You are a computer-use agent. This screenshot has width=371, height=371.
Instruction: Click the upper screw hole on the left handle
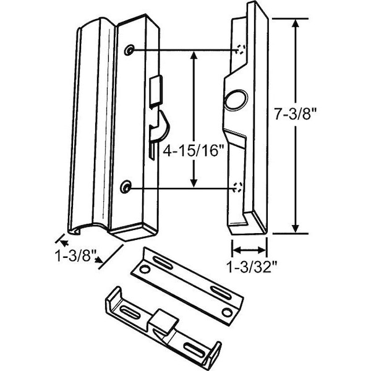pyautogui.click(x=129, y=50)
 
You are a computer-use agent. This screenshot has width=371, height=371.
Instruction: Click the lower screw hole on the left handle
pyautogui.click(x=126, y=186)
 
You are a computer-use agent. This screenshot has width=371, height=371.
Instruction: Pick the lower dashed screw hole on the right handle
pyautogui.click(x=238, y=185)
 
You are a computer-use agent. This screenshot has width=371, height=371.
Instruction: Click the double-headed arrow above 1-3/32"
pyautogui.click(x=249, y=250)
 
